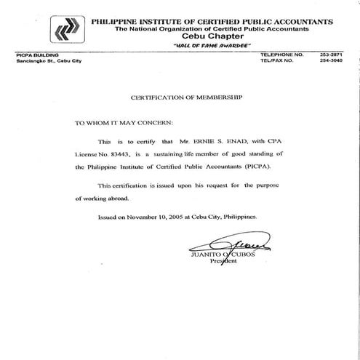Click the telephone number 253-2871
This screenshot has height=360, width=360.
click(x=331, y=55)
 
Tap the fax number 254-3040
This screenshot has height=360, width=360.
click(x=331, y=61)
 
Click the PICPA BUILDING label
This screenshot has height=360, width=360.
click(x=35, y=55)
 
